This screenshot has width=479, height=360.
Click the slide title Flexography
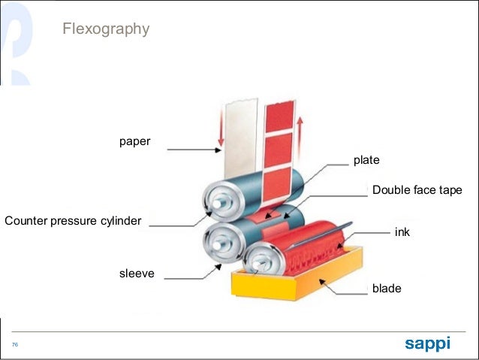click(105, 29)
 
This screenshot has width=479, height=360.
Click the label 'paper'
click(134, 141)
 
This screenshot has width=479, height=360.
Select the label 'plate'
click(366, 160)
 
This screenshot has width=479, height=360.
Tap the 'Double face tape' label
click(417, 190)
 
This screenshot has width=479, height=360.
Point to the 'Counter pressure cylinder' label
click(73, 221)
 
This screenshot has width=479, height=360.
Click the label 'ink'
click(402, 233)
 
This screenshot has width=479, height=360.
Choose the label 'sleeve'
click(137, 274)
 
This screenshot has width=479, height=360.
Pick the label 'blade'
click(387, 288)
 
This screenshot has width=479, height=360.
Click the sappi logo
click(427, 343)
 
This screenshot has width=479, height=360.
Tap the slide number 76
click(14, 344)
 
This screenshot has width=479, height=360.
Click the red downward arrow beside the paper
click(220, 129)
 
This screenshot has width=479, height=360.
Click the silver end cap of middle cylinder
click(220, 241)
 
